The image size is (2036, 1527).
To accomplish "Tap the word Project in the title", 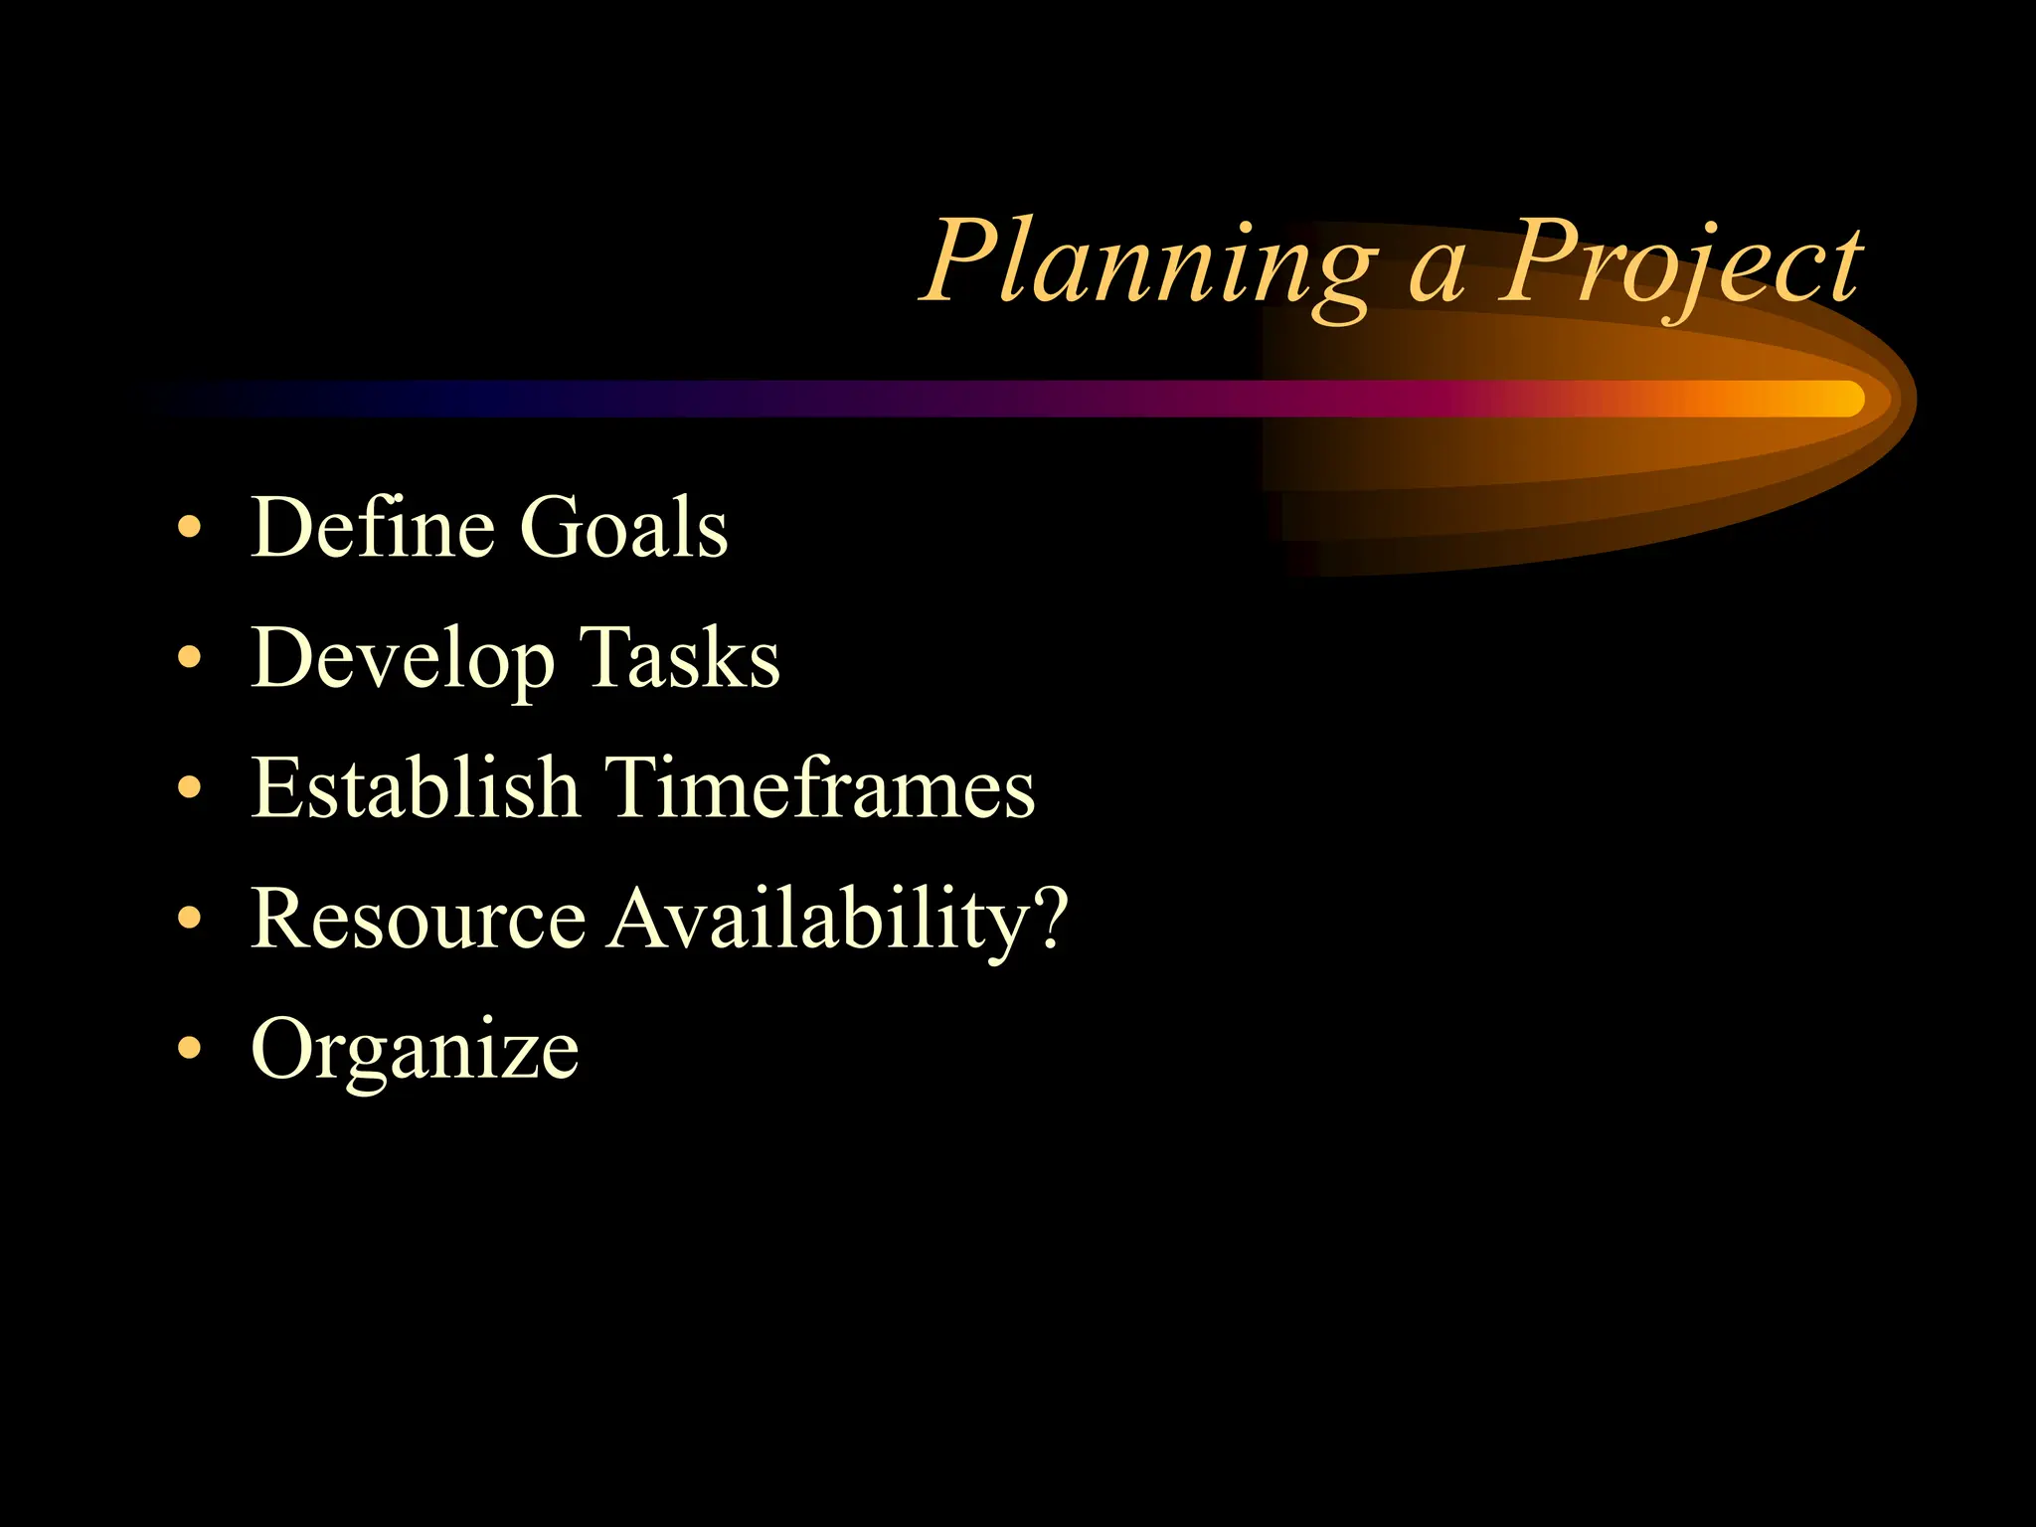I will [1680, 264].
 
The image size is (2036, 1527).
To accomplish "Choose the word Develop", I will [402, 658].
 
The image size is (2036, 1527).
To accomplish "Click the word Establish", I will [415, 787].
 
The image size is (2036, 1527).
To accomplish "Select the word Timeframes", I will [820, 787].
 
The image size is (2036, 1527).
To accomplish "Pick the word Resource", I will [419, 918].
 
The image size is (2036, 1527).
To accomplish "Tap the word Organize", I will [415, 1050].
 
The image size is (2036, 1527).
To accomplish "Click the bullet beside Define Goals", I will [189, 528].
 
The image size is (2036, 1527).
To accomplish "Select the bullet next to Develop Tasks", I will [189, 658].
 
